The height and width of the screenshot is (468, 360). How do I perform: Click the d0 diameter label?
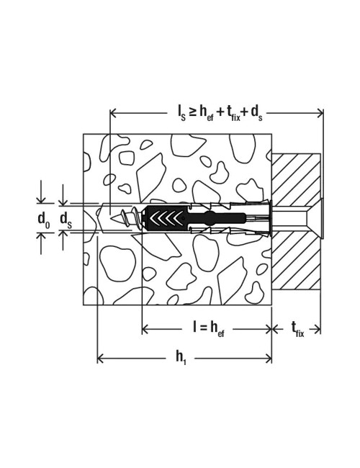[x=44, y=220]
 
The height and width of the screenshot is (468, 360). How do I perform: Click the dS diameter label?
[x=66, y=220]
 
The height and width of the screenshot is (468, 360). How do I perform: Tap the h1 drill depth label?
[x=181, y=357]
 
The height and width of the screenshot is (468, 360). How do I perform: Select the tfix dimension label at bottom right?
[x=297, y=330]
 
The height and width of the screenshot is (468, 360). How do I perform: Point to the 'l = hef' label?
[x=208, y=329]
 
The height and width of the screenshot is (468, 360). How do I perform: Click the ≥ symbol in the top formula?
[x=193, y=112]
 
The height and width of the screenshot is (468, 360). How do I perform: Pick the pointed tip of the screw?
[x=111, y=218]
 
